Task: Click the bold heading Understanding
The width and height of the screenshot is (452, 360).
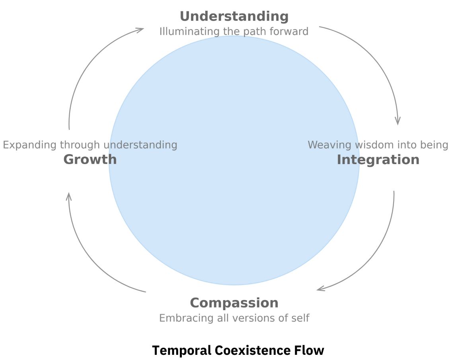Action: pyautogui.click(x=234, y=16)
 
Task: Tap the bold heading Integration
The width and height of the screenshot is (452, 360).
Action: pyautogui.click(x=378, y=160)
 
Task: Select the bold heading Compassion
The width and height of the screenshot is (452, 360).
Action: pyautogui.click(x=234, y=303)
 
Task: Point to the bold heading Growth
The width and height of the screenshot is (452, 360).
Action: pyautogui.click(x=90, y=160)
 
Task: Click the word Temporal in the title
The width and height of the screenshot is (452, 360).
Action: pyautogui.click(x=181, y=351)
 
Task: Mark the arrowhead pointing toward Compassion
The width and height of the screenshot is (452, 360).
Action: pyautogui.click(x=320, y=289)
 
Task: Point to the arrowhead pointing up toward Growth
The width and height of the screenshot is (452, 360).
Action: pyautogui.click(x=69, y=196)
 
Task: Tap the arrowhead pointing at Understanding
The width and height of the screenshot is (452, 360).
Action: pyautogui.click(x=140, y=29)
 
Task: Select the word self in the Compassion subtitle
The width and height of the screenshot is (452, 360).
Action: pyautogui.click(x=301, y=318)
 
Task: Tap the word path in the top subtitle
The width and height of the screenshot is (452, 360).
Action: pyautogui.click(x=259, y=31)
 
